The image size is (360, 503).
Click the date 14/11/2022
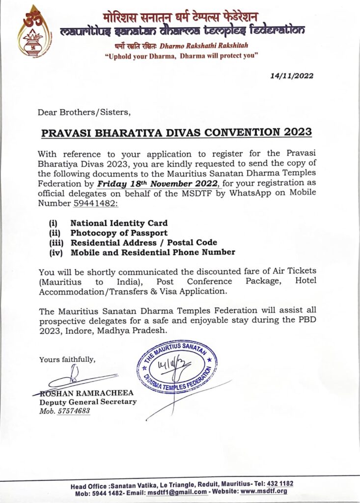(x=292, y=76)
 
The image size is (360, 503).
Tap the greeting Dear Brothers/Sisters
(x=84, y=112)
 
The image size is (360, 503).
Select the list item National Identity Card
(x=119, y=223)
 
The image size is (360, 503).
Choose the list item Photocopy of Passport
(x=119, y=233)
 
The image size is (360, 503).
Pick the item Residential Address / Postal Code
(x=143, y=243)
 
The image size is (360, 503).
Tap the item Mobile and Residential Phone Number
(x=153, y=252)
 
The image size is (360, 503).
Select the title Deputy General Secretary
(x=88, y=402)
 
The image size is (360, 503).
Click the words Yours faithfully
(x=67, y=360)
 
